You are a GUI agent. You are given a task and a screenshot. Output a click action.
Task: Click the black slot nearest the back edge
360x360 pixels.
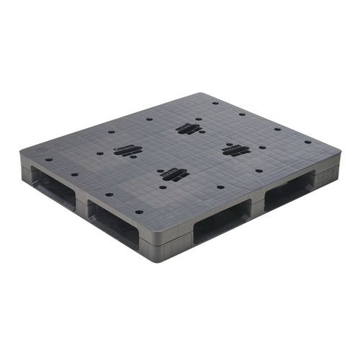[x=189, y=129]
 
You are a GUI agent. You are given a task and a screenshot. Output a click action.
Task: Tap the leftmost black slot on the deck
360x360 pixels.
[x=127, y=150]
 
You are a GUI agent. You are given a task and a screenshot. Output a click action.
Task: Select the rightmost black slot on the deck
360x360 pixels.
[x=235, y=150]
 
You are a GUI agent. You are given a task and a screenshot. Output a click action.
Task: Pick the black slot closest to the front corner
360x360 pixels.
[x=174, y=174]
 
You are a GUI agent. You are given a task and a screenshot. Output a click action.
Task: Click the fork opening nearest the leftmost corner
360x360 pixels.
[x=52, y=189]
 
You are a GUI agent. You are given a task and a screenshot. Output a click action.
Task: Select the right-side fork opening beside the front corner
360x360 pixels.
[x=221, y=222]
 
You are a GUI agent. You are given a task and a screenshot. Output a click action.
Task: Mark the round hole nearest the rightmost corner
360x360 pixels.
[x=307, y=143]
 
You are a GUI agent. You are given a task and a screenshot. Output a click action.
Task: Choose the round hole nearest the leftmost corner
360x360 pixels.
[x=49, y=161]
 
